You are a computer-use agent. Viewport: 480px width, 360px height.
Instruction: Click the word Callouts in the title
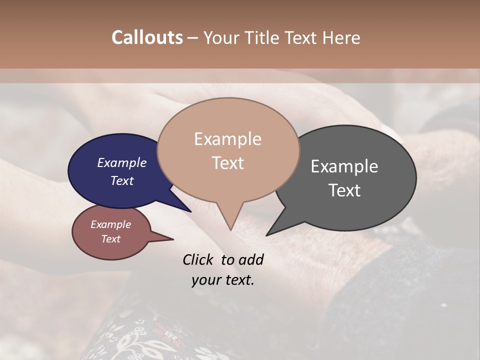tap(147, 37)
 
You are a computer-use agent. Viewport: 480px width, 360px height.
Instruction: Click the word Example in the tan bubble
tap(227, 139)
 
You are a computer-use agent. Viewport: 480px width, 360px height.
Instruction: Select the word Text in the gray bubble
tap(344, 190)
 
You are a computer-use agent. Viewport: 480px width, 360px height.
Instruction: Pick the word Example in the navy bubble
tap(121, 162)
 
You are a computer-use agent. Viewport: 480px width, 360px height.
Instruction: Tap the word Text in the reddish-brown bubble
tap(110, 239)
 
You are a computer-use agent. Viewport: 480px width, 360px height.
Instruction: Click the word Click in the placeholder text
tap(198, 259)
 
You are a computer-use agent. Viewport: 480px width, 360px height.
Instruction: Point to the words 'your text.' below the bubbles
tap(222, 280)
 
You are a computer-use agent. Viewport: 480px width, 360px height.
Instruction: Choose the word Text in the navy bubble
tap(122, 180)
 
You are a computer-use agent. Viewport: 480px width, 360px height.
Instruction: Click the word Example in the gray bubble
tap(344, 166)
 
